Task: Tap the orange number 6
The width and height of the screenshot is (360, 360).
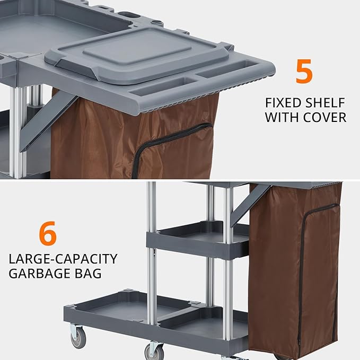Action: point(48,234)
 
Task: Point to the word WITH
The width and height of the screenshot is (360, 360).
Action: point(282,118)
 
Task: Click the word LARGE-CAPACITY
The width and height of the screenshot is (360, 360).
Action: point(63,259)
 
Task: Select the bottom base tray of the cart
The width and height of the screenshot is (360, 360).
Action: point(154,318)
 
